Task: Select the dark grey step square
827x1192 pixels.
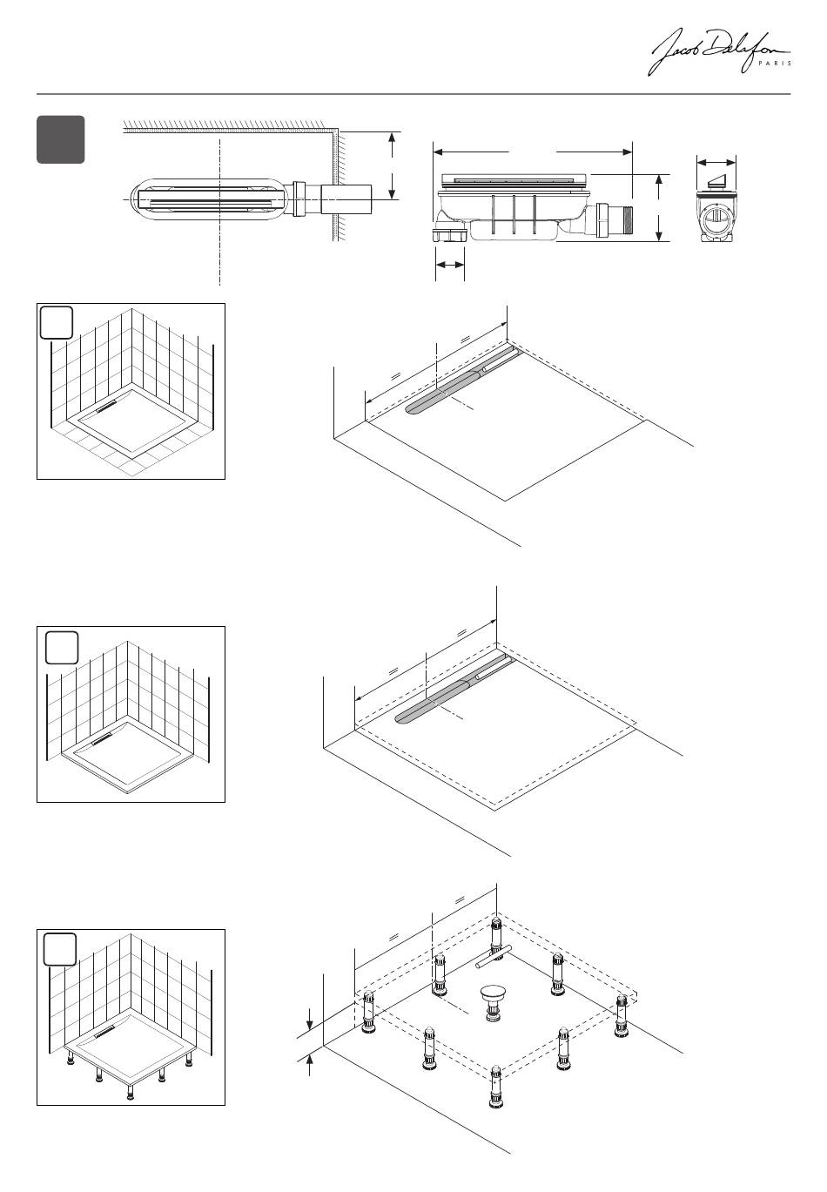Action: [60, 139]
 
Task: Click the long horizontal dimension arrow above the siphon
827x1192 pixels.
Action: [533, 152]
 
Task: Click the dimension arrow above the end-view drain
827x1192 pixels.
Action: [716, 162]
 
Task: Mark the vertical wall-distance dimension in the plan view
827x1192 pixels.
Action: [393, 165]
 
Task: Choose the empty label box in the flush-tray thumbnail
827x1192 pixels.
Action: [57, 323]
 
